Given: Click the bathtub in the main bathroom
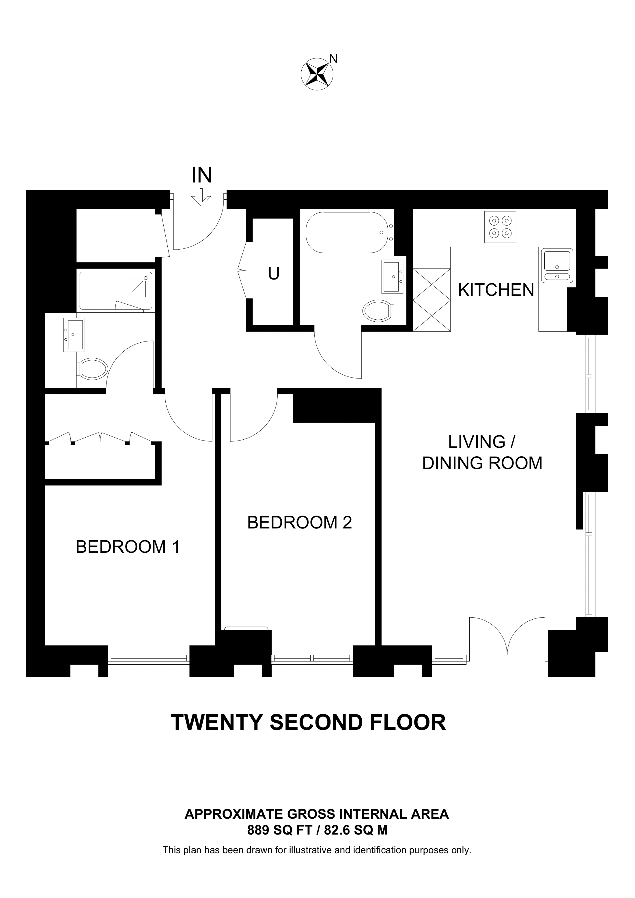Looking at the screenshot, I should (x=346, y=233).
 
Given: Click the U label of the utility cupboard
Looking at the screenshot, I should (x=274, y=274).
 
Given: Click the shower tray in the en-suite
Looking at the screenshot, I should (x=115, y=290).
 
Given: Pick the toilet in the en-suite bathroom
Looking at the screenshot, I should (x=94, y=368).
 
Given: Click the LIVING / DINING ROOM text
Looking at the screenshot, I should (x=482, y=453).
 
